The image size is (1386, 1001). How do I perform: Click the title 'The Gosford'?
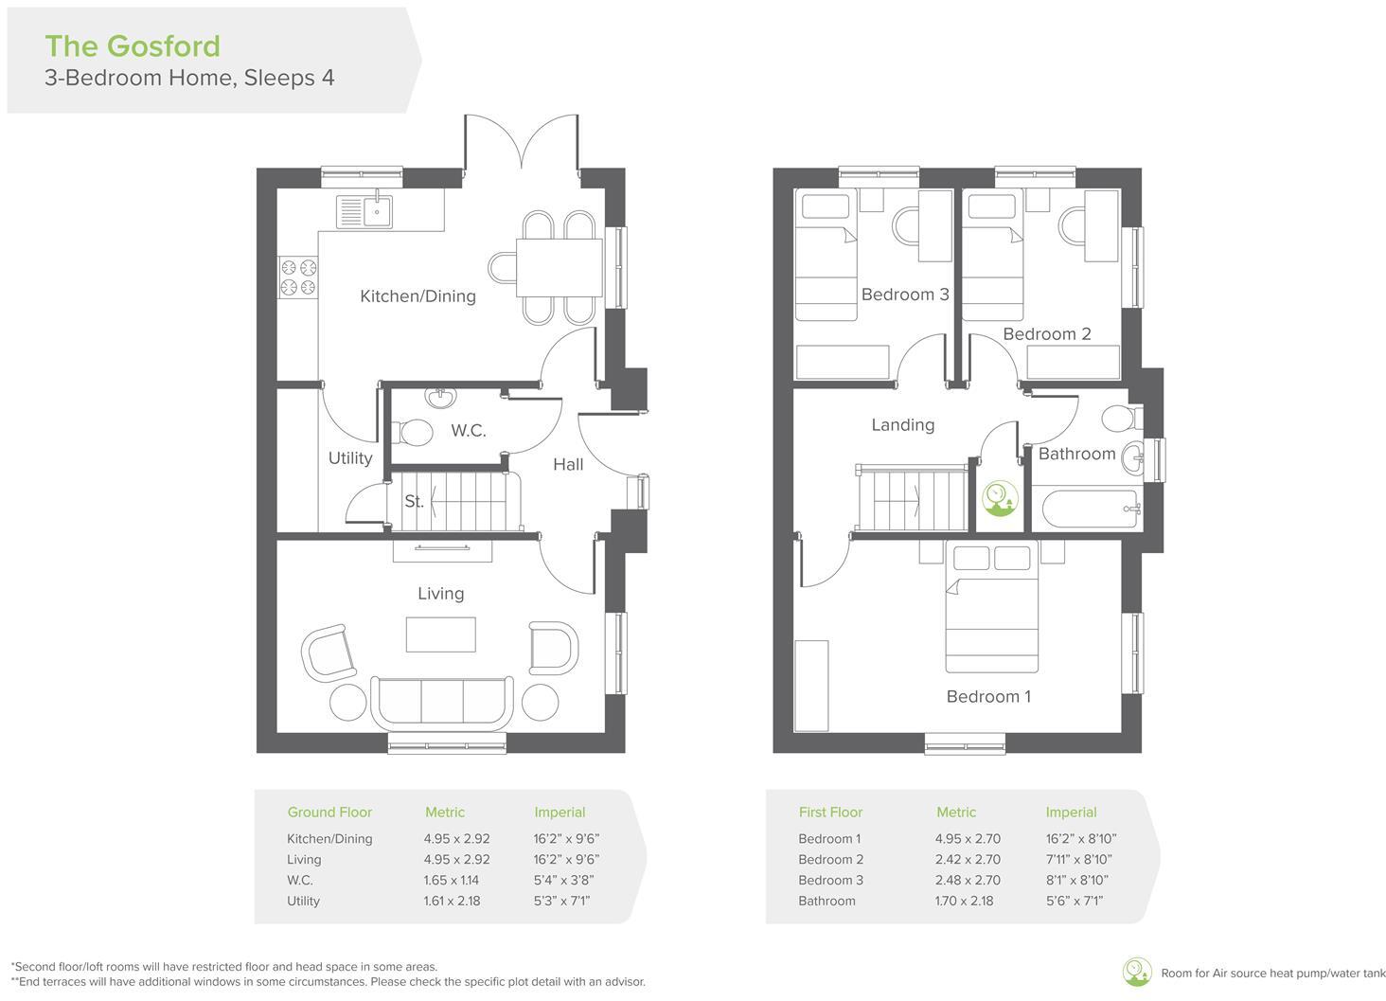point(133,45)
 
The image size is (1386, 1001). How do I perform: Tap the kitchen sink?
point(364,211)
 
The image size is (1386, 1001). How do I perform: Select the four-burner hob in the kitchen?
point(297,277)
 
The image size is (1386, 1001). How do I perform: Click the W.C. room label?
point(468,431)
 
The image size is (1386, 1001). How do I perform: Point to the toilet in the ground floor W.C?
point(415,433)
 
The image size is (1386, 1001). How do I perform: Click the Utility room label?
point(349,458)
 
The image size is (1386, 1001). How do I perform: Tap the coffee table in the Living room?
point(440,635)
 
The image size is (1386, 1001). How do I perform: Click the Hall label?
point(568,464)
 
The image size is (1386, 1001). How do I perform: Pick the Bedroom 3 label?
point(904,295)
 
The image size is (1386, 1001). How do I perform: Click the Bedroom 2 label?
point(1046,334)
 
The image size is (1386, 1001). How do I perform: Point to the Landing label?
point(902,425)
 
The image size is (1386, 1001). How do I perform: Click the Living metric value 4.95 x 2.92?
point(456,860)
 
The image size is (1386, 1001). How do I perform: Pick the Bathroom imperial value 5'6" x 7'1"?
point(1074,902)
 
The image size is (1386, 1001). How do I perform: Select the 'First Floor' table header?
point(830,813)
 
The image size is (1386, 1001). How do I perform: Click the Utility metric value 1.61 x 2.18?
point(452,902)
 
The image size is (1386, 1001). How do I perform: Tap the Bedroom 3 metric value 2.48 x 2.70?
point(967,881)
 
